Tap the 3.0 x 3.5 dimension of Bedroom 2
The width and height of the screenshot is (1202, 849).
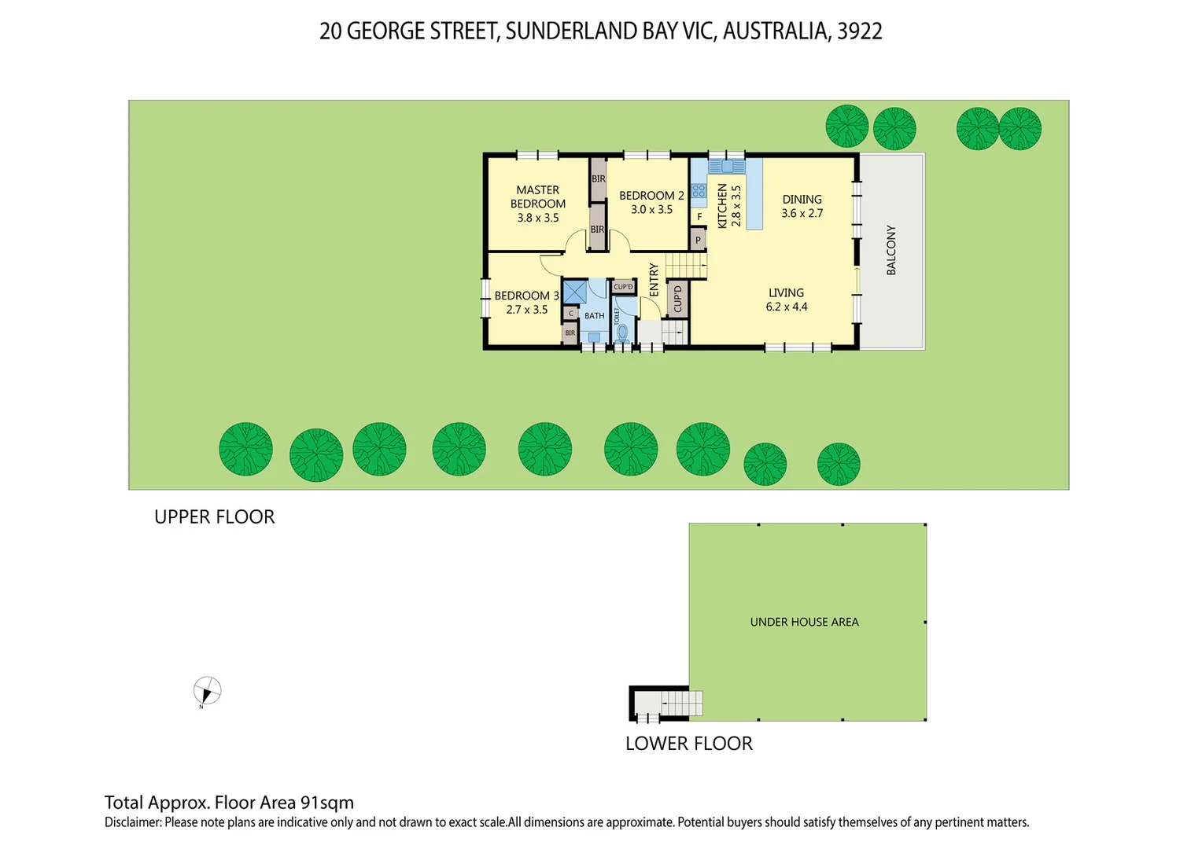(651, 210)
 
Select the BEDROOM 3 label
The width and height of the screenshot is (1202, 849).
(526, 296)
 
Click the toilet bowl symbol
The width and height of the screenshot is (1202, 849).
(623, 333)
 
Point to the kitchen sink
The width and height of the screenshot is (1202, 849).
(727, 167)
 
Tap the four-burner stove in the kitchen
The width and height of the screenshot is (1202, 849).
(699, 191)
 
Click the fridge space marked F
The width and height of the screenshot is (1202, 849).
(699, 217)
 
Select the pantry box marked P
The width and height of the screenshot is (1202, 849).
(698, 240)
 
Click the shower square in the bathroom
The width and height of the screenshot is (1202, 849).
(574, 292)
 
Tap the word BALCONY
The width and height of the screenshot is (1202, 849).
(891, 250)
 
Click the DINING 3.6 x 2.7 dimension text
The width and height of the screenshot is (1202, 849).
(802, 214)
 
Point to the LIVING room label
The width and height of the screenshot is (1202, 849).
(786, 292)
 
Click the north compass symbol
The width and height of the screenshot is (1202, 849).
(207, 692)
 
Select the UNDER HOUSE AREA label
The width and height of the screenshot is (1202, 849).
(804, 622)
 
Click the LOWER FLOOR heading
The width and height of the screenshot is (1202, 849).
(688, 744)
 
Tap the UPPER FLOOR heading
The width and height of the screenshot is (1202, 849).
(214, 517)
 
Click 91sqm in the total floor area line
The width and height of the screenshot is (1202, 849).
(326, 803)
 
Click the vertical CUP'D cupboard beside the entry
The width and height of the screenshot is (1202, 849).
(677, 299)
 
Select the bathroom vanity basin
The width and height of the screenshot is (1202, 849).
(594, 337)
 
